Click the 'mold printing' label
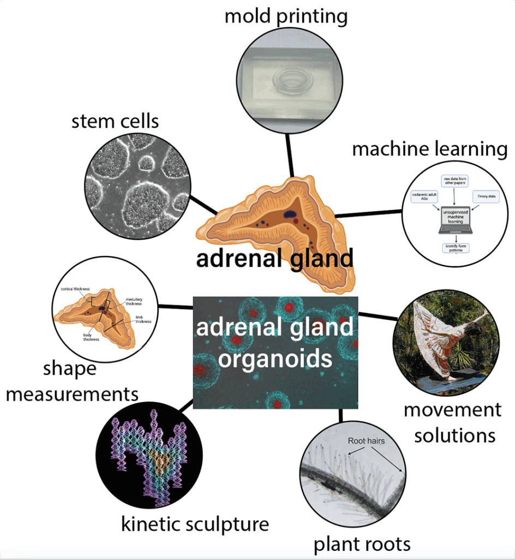pyautogui.click(x=286, y=16)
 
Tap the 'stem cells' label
pyautogui.click(x=115, y=121)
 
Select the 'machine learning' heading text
pyautogui.click(x=430, y=148)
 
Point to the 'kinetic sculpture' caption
pyautogui.click(x=195, y=524)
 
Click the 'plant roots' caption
pyautogui.click(x=362, y=544)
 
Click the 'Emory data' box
pyautogui.click(x=487, y=197)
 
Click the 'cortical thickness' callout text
pyautogui.click(x=75, y=290)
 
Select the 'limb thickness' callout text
pyautogui.click(x=143, y=319)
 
